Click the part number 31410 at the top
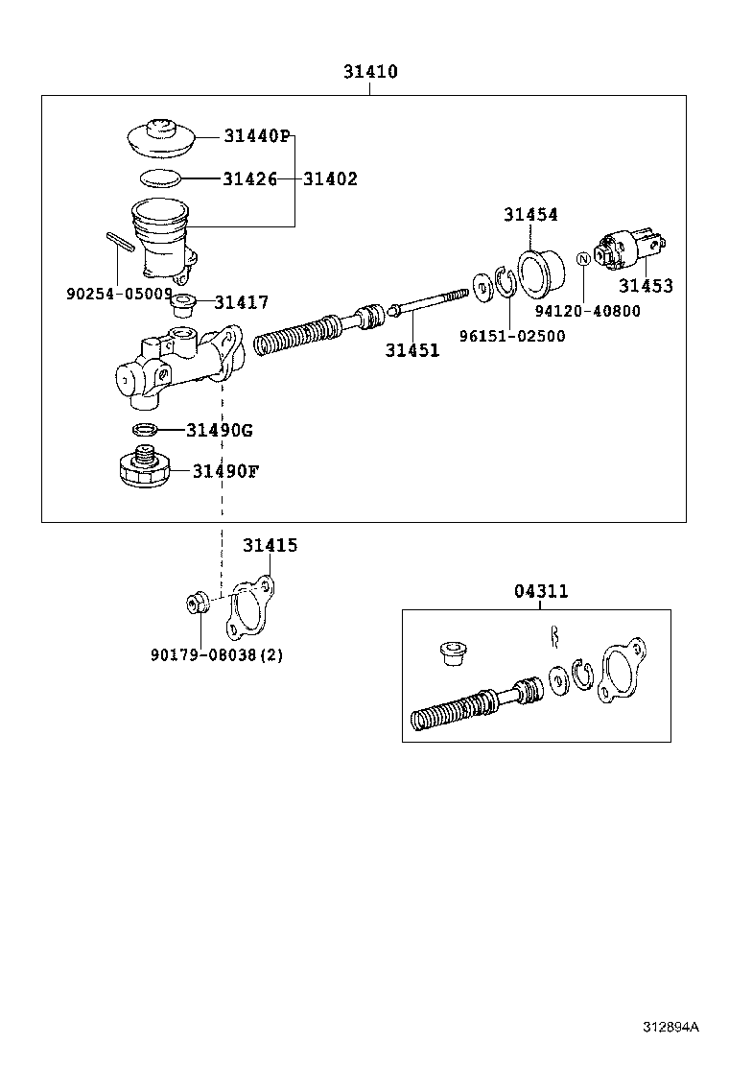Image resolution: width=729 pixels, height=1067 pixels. (x=370, y=72)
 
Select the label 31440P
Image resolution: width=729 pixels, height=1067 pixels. (x=257, y=136)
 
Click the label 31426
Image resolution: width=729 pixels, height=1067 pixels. (x=249, y=178)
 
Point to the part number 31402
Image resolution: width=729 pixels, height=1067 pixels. (x=330, y=178)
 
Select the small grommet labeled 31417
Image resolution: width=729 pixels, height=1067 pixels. (x=182, y=304)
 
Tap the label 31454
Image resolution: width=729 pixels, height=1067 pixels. (x=530, y=215)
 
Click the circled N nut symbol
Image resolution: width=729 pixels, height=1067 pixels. (x=582, y=258)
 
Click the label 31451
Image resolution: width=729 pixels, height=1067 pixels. (x=412, y=351)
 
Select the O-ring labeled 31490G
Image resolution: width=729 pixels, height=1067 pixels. (x=144, y=429)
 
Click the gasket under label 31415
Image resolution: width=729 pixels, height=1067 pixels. (x=250, y=607)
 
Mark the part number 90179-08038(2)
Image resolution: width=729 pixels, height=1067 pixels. (x=216, y=655)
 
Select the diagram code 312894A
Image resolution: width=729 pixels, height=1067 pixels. (x=670, y=1027)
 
